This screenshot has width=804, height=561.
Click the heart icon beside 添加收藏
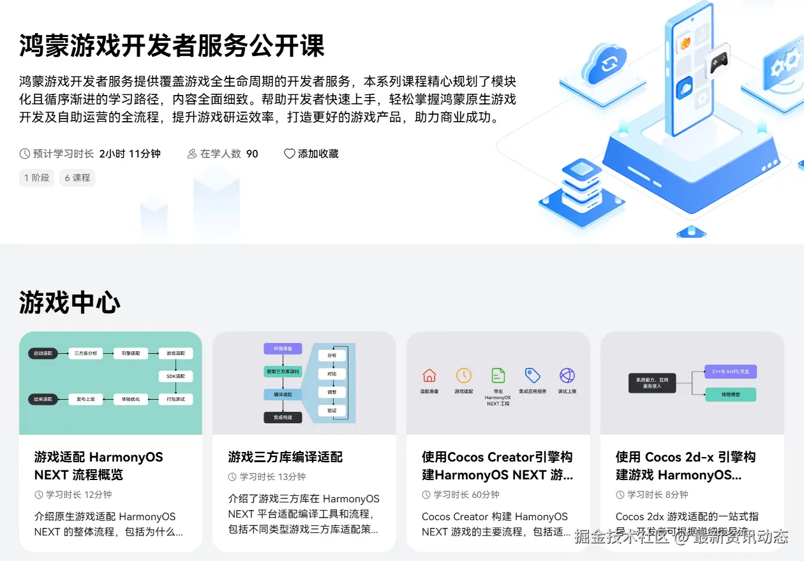coord(290,154)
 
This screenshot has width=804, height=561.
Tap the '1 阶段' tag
coord(36,178)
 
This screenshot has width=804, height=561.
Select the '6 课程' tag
coord(77,178)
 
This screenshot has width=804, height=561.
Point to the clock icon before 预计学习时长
coord(26,154)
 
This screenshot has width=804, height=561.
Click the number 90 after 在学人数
coord(252,154)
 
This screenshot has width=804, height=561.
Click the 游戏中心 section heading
coord(70,302)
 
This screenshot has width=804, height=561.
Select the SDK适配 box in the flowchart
coord(175,376)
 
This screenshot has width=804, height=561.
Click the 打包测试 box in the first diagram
coord(175,399)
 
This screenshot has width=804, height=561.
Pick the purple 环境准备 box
coord(283,349)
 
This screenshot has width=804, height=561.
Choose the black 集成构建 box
coord(283,418)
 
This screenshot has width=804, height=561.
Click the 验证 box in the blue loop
coord(332,411)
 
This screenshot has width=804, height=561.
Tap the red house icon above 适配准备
coord(429,375)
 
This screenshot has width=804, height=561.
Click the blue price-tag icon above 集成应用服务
coord(532,375)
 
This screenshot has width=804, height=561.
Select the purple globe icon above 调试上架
coord(567,375)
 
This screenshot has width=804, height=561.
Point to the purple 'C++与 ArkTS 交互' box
coord(731,371)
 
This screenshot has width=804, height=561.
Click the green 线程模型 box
coord(731,395)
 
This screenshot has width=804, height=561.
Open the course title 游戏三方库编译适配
coord(285,457)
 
